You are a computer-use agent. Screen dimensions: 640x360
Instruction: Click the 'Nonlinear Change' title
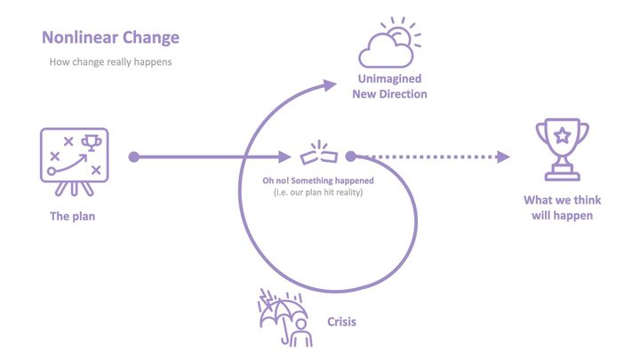110,37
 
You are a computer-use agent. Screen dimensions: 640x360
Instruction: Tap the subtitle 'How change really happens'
110,62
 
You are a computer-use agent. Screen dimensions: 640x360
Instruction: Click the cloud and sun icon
389,43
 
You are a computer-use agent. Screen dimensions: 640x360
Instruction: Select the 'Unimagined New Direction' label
390,86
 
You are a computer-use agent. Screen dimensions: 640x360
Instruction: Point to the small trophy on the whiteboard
92,143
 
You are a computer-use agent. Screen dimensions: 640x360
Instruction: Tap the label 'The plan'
73,216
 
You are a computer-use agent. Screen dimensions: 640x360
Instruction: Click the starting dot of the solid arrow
134,156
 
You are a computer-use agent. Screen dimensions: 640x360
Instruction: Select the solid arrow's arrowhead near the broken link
284,156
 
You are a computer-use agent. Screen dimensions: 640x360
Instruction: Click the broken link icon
319,153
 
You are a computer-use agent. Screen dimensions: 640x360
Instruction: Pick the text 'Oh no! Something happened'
318,180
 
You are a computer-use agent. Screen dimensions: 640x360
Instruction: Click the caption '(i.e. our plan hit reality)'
318,192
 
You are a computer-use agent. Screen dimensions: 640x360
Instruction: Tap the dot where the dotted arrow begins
350,156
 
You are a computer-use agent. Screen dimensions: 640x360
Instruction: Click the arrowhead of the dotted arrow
503,156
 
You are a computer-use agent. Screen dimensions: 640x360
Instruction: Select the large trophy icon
563,149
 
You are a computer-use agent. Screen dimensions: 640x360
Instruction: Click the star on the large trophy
563,135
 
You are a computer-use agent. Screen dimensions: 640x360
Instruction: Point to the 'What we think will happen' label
563,208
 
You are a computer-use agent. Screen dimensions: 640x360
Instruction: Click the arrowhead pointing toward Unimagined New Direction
330,85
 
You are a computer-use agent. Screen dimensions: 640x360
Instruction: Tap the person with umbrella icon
285,317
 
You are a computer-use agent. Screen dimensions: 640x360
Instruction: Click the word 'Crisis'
341,322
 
